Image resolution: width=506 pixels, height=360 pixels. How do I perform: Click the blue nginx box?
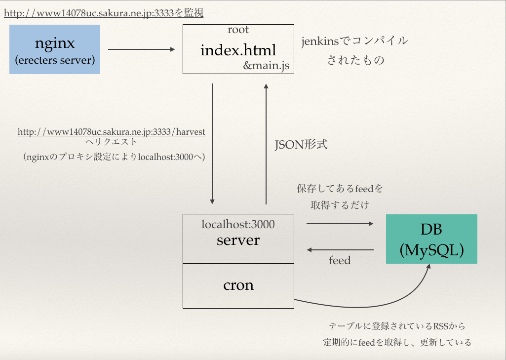tap(55, 49)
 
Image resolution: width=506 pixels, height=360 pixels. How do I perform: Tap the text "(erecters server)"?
tap(55, 61)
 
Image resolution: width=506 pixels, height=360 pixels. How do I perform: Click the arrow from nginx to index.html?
tap(141, 49)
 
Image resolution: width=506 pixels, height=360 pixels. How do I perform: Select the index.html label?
tap(238, 50)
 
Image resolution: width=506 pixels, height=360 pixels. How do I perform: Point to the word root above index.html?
tap(238, 30)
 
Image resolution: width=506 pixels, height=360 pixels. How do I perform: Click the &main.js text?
tap(266, 65)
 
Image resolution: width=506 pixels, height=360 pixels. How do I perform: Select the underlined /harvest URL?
tap(112, 132)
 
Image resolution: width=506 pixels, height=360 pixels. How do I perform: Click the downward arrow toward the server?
tap(212, 143)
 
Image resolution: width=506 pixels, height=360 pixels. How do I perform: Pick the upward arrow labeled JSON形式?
tap(266, 143)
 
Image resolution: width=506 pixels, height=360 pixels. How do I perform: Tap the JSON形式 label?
tap(301, 145)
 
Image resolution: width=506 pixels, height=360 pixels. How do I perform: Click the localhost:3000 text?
tap(238, 224)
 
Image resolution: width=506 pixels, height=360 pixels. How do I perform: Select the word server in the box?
tap(238, 240)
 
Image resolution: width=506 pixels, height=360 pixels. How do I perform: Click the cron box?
tap(238, 285)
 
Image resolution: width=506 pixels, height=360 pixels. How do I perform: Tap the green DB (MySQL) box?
tap(431, 239)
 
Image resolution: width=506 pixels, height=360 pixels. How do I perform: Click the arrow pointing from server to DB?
tap(340, 224)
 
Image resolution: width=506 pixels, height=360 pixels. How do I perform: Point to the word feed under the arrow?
tap(340, 260)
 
